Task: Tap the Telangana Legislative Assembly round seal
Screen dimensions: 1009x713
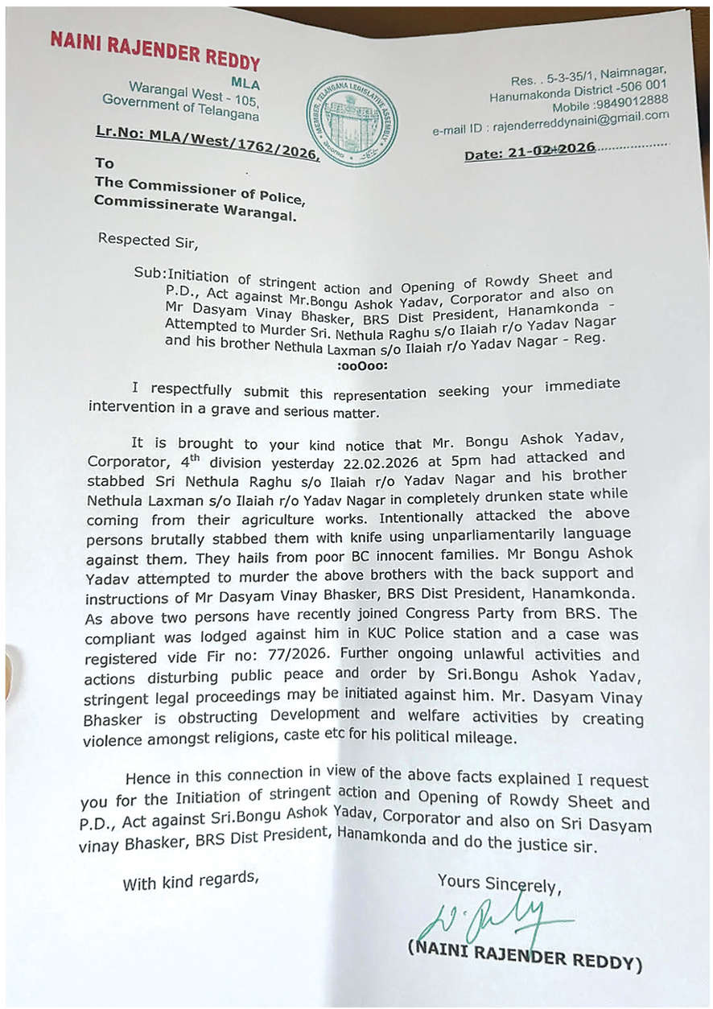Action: coord(351,120)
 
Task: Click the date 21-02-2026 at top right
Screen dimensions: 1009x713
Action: coord(547,150)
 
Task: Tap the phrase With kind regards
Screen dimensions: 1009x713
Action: coord(191,880)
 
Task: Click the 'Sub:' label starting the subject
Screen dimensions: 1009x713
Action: coord(150,274)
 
